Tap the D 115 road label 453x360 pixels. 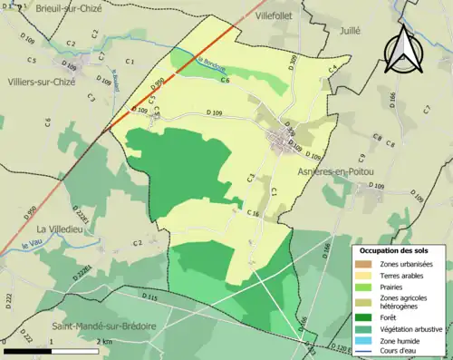point(150,297)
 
